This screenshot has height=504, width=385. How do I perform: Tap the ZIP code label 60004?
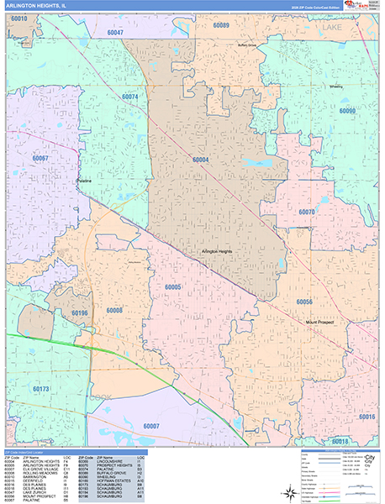coord(199,160)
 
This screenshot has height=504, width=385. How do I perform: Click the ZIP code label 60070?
coord(306,213)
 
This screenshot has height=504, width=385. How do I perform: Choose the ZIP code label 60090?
coord(348,112)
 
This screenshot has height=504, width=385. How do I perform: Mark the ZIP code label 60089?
coord(221,26)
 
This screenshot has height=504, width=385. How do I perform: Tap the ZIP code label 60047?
coord(115,32)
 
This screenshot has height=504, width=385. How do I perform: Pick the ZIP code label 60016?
coord(367,417)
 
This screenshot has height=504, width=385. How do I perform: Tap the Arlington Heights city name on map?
coord(217,251)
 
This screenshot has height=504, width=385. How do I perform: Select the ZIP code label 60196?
coord(80,313)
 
